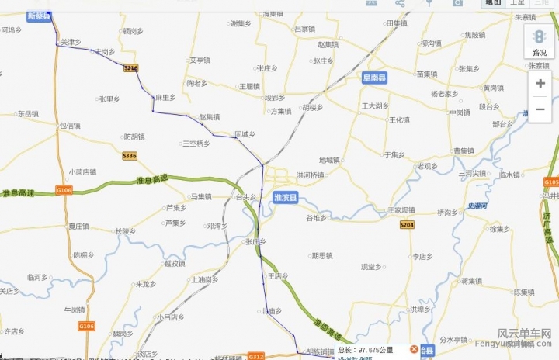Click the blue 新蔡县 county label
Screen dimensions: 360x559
coord(38,16)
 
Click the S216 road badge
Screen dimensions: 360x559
coord(131,68)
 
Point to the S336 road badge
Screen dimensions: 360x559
coord(130,156)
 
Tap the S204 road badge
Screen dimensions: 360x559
coord(407,224)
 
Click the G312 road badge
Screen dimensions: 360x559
coord(255,356)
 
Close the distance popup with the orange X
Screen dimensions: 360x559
coord(414,350)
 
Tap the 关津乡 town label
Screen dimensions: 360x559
coord(71,42)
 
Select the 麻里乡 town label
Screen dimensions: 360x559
coord(165,98)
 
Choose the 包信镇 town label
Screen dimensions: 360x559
coord(70,125)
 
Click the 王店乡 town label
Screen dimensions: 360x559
coord(278,276)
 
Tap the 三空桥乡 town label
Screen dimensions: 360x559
coord(196,144)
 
